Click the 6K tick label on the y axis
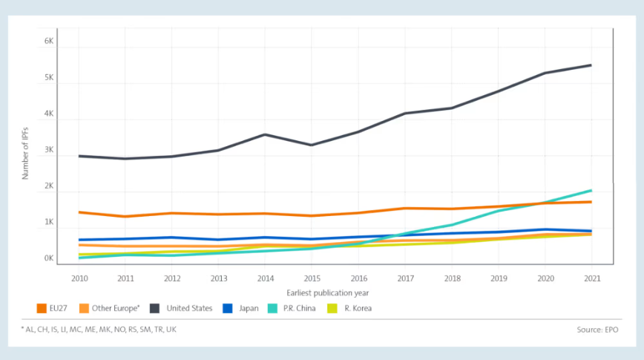pyautogui.click(x=49, y=42)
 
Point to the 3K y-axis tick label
pyautogui.click(x=49, y=151)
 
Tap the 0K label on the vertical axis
pyautogui.click(x=49, y=259)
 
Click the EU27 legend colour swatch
pyautogui.click(x=42, y=308)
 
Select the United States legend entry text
pyautogui.click(x=191, y=308)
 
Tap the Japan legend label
pyautogui.click(x=249, y=308)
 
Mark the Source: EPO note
pyautogui.click(x=597, y=329)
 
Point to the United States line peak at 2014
pyautogui.click(x=265, y=134)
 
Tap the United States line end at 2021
pyautogui.click(x=591, y=65)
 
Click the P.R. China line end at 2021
pyautogui.click(x=591, y=191)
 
